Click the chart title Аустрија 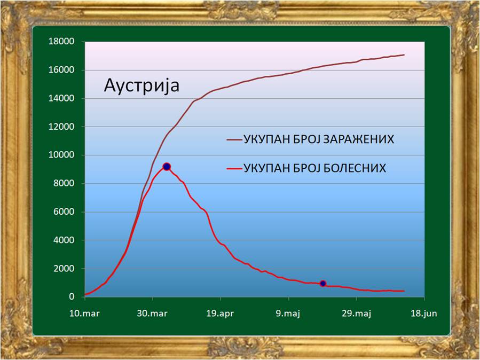pyautogui.click(x=141, y=85)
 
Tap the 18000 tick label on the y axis pyautogui.click(x=61, y=41)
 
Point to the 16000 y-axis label pyautogui.click(x=61, y=70)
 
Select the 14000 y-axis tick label pyautogui.click(x=61, y=98)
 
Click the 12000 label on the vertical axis pyautogui.click(x=61, y=127)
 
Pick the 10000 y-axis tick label pyautogui.click(x=61, y=155)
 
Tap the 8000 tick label pyautogui.click(x=64, y=183)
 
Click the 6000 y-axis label pyautogui.click(x=64, y=212)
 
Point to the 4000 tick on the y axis pyautogui.click(x=64, y=240)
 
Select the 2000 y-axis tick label pyautogui.click(x=64, y=269)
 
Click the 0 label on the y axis pyautogui.click(x=72, y=296)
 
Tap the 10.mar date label pyautogui.click(x=84, y=314)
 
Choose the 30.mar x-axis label pyautogui.click(x=152, y=314)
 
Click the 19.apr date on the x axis pyautogui.click(x=220, y=314)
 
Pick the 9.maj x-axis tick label pyautogui.click(x=288, y=314)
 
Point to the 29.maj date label pyautogui.click(x=356, y=314)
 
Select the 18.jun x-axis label pyautogui.click(x=424, y=314)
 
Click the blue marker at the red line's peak pyautogui.click(x=167, y=167)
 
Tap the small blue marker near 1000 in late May pyautogui.click(x=322, y=284)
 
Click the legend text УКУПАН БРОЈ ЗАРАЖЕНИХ pyautogui.click(x=319, y=139)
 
